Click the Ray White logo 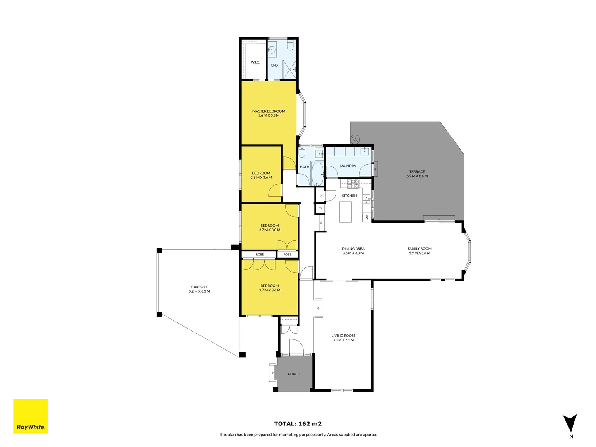tap(31, 416)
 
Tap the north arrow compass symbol tap(570, 423)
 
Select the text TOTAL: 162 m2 tap(298, 423)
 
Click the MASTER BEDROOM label tap(269, 111)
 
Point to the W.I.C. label tap(255, 62)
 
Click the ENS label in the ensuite tap(274, 65)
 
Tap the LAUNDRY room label tap(348, 166)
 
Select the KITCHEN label tap(349, 195)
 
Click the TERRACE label tap(417, 171)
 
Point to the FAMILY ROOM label tap(419, 248)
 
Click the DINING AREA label tap(353, 248)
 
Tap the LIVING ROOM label tap(343, 336)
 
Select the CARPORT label tap(199, 287)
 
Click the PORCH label tap(294, 374)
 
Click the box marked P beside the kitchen tap(320, 195)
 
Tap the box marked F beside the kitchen tap(320, 209)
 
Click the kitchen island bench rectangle tap(346, 211)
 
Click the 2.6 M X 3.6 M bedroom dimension tap(261, 178)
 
